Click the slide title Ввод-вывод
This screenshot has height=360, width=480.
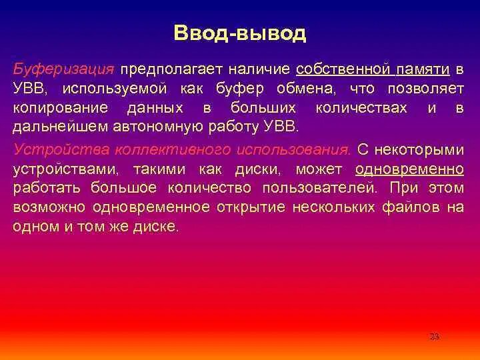(240, 33)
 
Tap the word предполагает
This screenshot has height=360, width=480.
(171, 69)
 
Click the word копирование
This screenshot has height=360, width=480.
(59, 108)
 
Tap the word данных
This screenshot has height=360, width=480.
(159, 108)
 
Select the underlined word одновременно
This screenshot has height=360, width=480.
(410, 169)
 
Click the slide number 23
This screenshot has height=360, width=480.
(434, 337)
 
